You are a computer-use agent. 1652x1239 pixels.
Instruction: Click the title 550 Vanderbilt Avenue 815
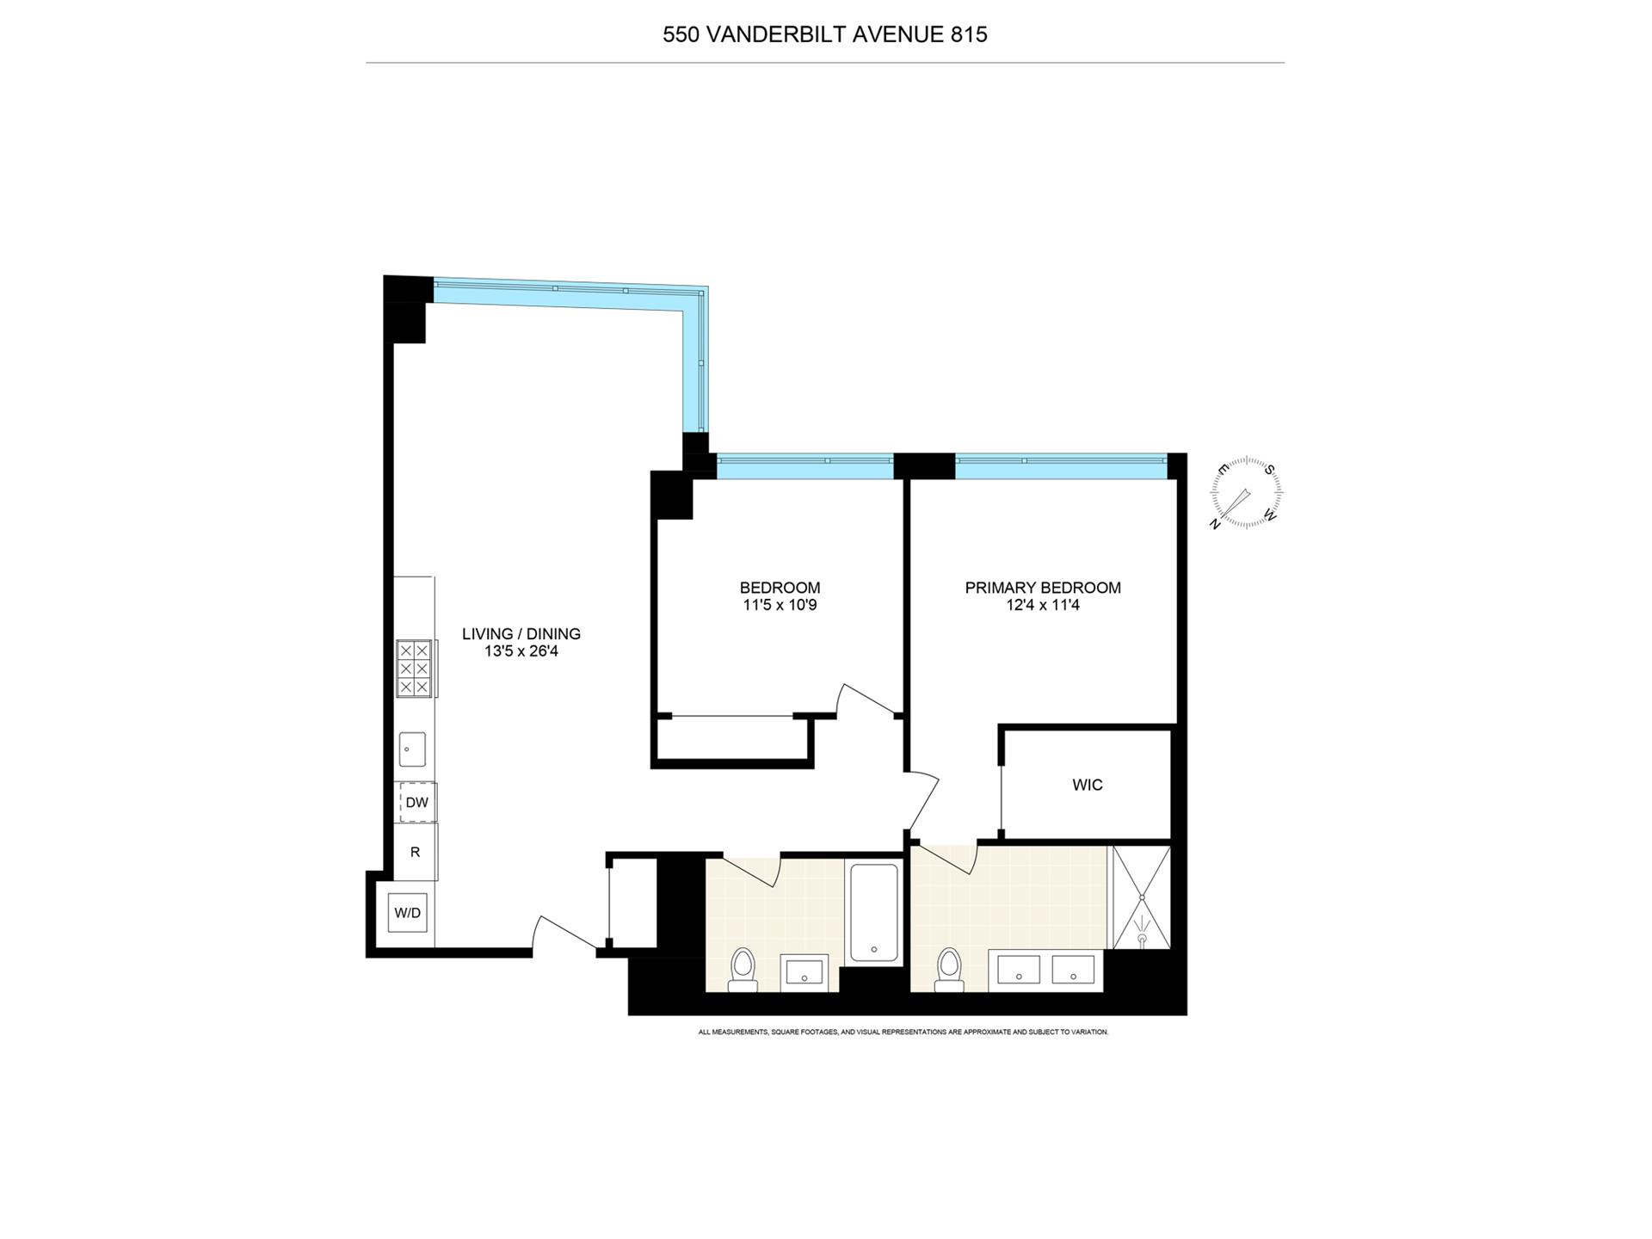pyautogui.click(x=824, y=34)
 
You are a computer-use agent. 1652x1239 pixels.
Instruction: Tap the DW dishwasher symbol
pyautogui.click(x=416, y=803)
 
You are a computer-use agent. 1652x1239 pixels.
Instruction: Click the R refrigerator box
pyautogui.click(x=416, y=852)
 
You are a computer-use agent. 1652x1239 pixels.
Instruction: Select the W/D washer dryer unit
pyautogui.click(x=408, y=913)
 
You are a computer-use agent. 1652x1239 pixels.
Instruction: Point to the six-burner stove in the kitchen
pyautogui.click(x=413, y=669)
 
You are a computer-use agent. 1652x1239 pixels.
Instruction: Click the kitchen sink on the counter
pyautogui.click(x=412, y=749)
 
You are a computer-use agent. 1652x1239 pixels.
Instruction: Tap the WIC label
pyautogui.click(x=1087, y=785)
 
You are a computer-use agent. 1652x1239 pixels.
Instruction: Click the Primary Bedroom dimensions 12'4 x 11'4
pyautogui.click(x=1042, y=606)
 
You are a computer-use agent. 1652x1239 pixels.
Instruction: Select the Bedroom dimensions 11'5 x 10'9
pyautogui.click(x=780, y=606)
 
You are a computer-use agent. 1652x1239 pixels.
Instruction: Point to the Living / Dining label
pyautogui.click(x=521, y=634)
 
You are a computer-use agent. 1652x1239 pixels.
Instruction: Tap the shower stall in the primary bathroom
pyautogui.click(x=1142, y=898)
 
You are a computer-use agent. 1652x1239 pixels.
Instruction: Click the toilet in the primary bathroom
pyautogui.click(x=949, y=965)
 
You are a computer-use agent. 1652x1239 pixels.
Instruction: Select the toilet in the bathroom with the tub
pyautogui.click(x=742, y=965)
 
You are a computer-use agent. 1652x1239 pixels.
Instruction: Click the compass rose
pyautogui.click(x=1246, y=494)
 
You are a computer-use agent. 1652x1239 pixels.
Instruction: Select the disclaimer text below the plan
pyautogui.click(x=903, y=1032)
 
